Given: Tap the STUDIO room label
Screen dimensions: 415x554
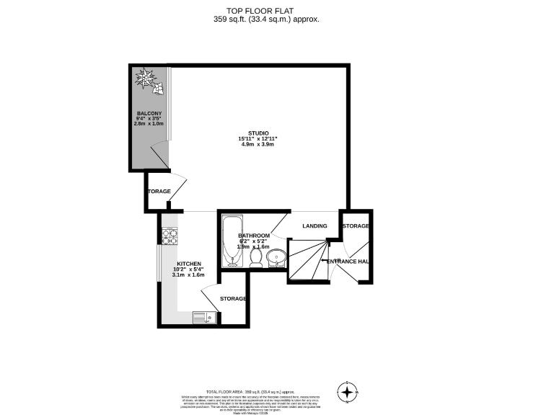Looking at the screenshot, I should [x=258, y=133].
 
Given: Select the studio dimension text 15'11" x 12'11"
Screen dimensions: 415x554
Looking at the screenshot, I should [x=258, y=138].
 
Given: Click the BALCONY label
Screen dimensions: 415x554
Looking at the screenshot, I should [x=149, y=114].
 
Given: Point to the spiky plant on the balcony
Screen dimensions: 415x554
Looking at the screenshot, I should [x=147, y=78].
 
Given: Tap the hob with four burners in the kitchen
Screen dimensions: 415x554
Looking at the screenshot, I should [x=170, y=234].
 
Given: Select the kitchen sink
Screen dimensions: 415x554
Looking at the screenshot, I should [x=203, y=317].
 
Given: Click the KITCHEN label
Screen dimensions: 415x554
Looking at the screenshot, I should [x=189, y=264].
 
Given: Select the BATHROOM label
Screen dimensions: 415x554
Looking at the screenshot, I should [x=254, y=236].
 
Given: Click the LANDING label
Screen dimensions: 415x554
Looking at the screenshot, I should [x=315, y=226].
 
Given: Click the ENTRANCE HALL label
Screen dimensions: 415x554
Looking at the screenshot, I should [x=348, y=261].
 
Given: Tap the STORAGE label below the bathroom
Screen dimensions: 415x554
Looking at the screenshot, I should [x=234, y=298].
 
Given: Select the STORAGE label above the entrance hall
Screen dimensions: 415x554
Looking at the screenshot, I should [x=356, y=226].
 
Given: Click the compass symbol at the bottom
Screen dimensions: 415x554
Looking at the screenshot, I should [x=348, y=392].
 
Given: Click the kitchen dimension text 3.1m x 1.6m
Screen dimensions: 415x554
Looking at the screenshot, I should [x=189, y=275].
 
